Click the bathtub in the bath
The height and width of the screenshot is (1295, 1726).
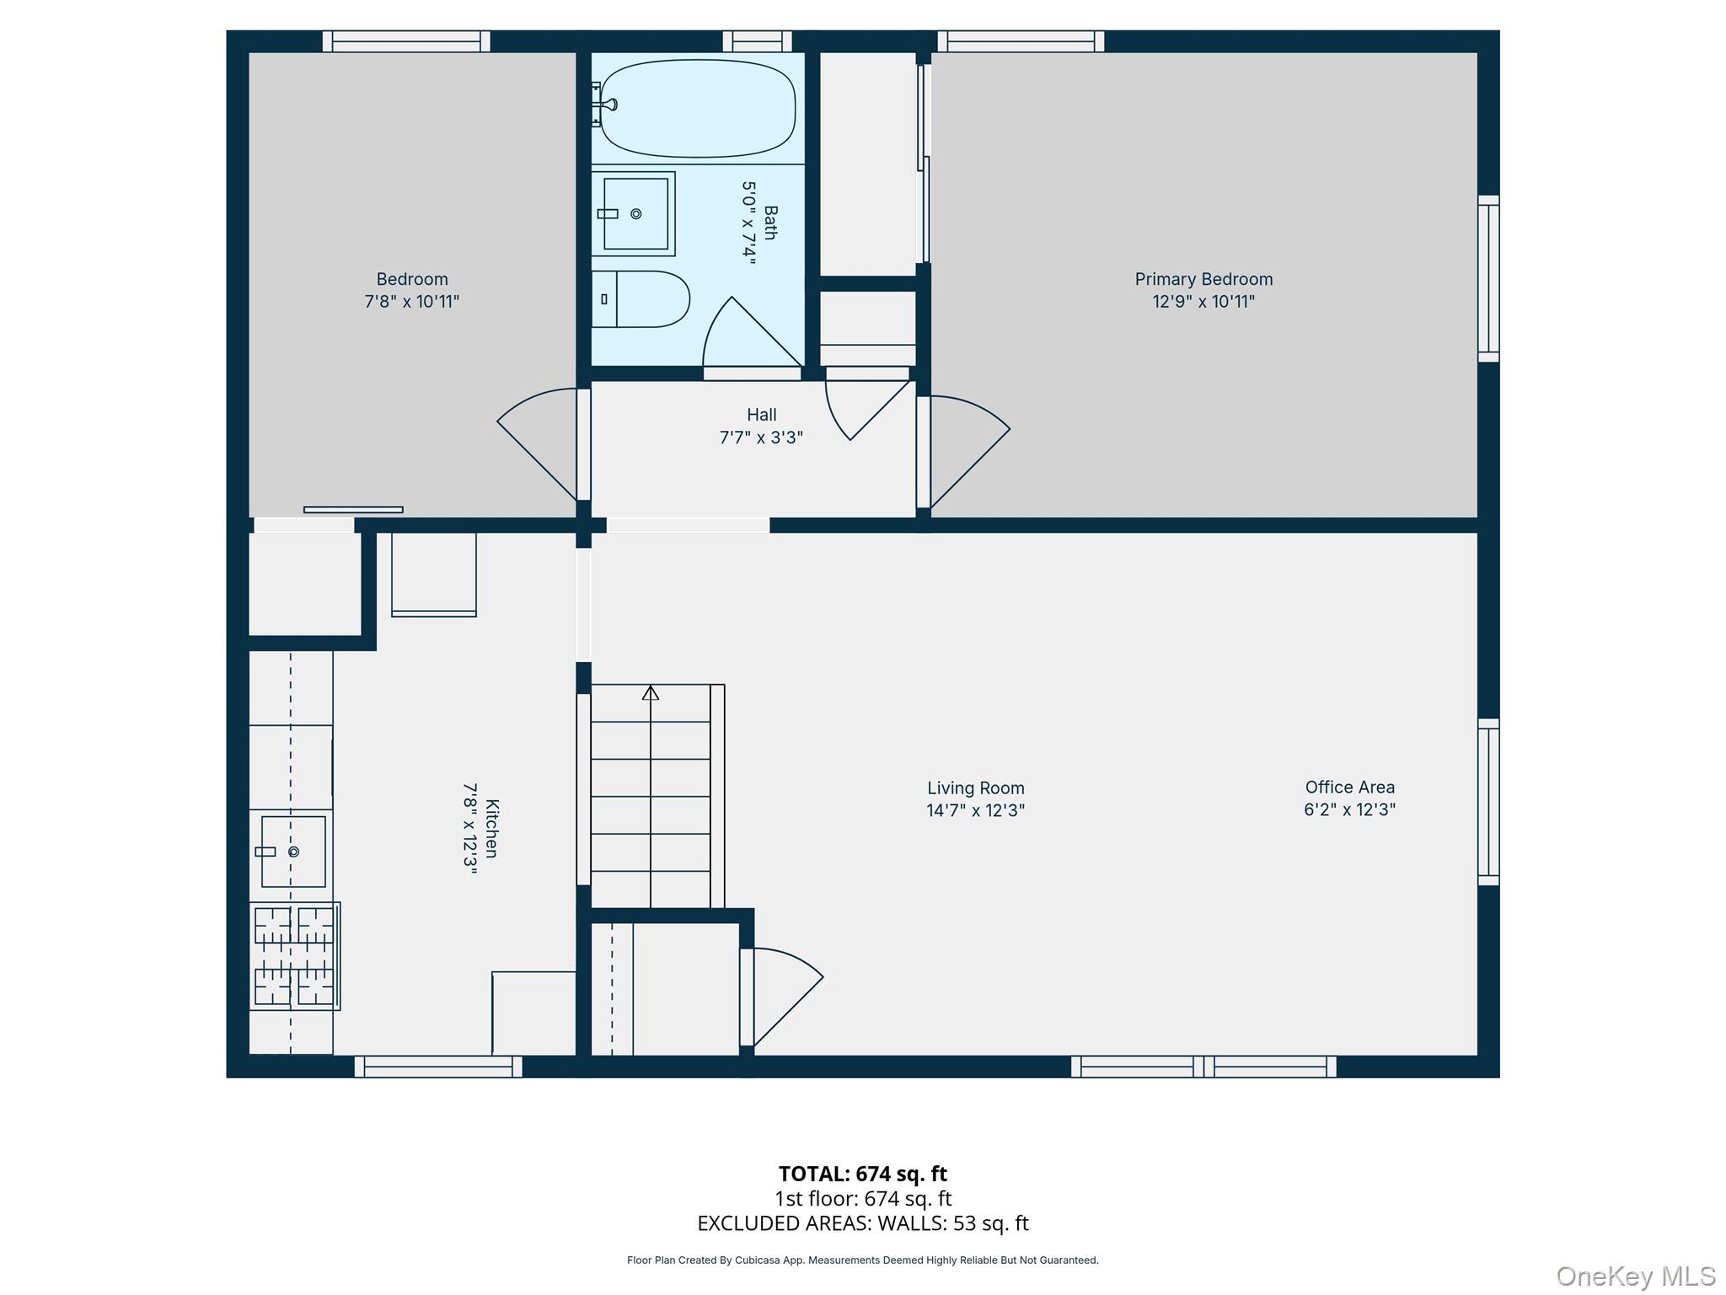698,108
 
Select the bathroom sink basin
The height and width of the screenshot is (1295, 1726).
635,213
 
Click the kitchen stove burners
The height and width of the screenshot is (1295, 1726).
294,956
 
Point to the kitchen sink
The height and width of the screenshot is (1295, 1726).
293,852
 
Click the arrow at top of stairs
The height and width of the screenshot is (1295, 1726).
651,693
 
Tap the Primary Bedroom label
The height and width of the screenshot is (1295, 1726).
1203,279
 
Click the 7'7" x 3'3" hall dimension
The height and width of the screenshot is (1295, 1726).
761,438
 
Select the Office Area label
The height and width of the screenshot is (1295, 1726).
1349,787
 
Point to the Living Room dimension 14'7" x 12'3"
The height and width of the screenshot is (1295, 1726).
975,810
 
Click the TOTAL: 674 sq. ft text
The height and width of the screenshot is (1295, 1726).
862,1174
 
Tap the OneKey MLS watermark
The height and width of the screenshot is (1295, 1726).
1635,1276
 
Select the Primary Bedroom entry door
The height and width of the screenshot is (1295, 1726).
965,451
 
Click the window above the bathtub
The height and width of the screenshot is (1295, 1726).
757,41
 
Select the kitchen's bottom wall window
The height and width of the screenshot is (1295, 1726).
437,1067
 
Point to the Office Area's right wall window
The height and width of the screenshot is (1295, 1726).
1488,802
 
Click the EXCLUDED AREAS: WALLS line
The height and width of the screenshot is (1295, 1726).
862,1223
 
